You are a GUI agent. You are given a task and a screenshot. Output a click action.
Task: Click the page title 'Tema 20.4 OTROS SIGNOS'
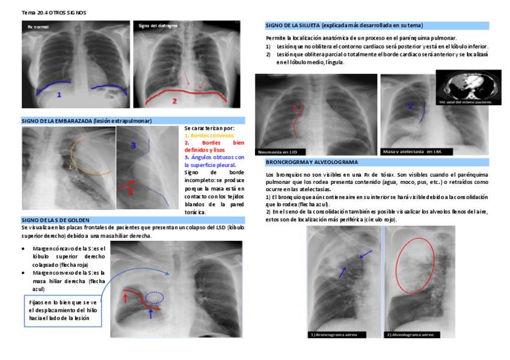tap(46, 12)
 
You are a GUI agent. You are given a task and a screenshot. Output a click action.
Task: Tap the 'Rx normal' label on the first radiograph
tap(38, 28)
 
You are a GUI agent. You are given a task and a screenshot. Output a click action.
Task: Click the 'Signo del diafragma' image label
tap(158, 26)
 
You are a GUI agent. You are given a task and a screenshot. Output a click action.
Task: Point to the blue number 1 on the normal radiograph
tap(59, 95)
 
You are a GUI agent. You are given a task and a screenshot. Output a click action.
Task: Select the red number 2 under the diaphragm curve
tap(174, 101)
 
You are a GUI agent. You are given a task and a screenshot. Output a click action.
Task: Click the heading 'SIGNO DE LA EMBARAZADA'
tap(87, 121)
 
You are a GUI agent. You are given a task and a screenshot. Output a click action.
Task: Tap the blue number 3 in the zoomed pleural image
tap(134, 145)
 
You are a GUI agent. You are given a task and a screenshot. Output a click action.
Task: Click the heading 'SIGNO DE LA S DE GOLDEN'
tap(64, 221)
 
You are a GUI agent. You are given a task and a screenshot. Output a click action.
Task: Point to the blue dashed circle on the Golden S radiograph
tap(156, 296)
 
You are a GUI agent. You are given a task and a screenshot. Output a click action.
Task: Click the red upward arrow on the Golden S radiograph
tap(125, 296)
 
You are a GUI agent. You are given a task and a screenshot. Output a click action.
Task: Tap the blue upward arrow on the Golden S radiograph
tap(150, 312)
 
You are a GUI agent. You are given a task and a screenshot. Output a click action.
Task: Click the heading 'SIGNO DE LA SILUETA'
tap(344, 26)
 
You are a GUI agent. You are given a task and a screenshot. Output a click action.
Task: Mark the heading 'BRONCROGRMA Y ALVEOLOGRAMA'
tap(312, 162)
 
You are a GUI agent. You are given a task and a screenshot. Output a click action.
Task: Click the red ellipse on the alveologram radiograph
tap(413, 263)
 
